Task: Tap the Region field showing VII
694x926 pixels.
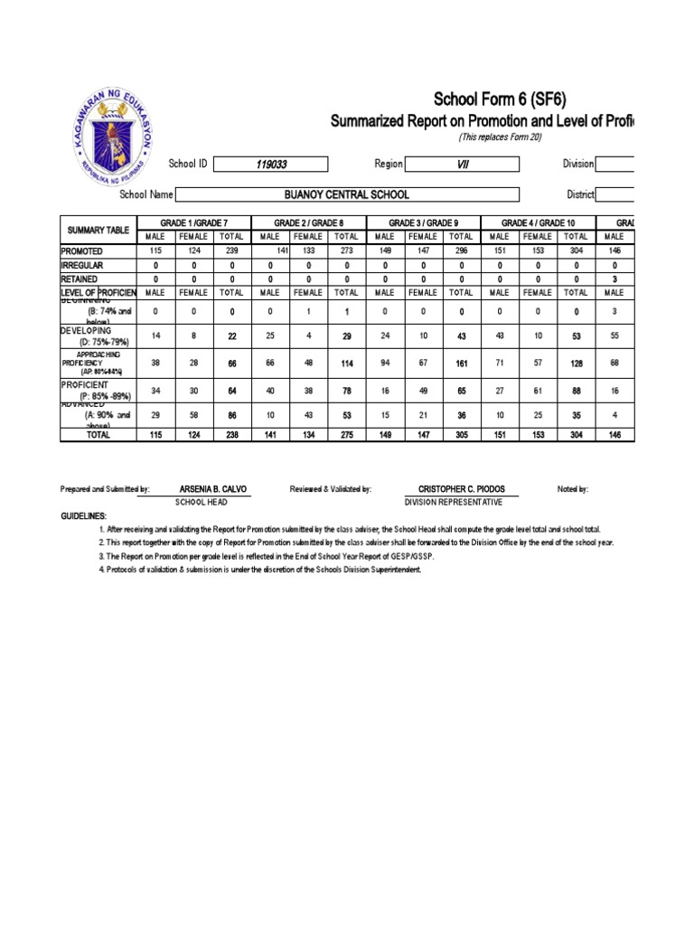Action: coord(463,165)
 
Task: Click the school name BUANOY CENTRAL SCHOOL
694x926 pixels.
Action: coord(347,194)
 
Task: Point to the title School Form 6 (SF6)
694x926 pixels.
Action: coord(501,100)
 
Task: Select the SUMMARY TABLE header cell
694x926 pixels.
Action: coord(96,230)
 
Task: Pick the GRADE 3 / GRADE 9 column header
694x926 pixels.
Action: coord(423,222)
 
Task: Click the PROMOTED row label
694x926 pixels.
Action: coord(82,250)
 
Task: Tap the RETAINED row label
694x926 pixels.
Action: coord(82,279)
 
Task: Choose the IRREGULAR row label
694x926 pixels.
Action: coord(83,265)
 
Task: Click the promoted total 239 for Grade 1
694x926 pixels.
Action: coord(231,250)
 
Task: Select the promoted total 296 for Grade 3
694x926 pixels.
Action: coord(461,250)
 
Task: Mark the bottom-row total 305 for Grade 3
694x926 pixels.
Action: coord(461,434)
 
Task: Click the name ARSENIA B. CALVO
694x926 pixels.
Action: coord(213,489)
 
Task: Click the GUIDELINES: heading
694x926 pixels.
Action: coord(84,516)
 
